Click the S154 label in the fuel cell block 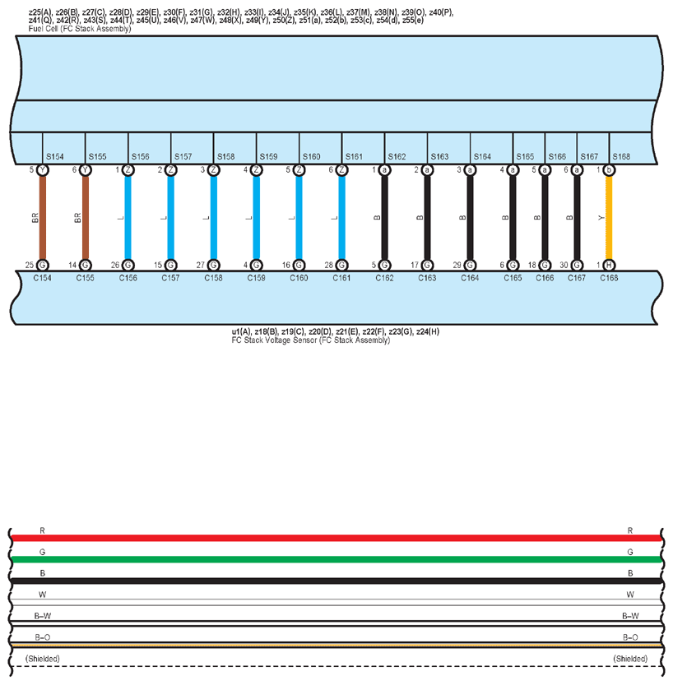point(55,156)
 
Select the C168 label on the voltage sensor point(609,278)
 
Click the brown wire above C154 point(43,218)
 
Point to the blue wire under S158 point(214,218)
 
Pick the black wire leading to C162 point(384,218)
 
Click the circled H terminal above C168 point(609,265)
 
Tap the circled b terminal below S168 point(609,170)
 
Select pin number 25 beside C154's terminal point(30,265)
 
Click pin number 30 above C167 point(564,265)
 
